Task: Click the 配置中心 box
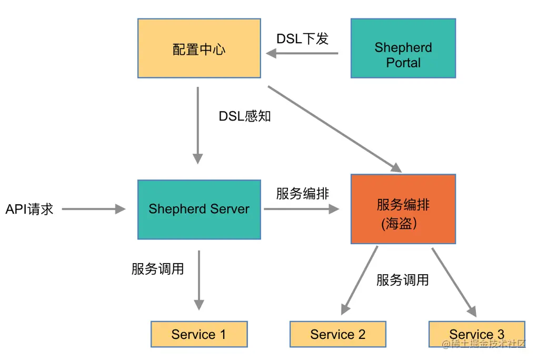[x=199, y=48]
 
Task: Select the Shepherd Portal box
[x=403, y=48]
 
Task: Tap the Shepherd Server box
[x=199, y=209]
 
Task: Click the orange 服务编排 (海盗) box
[x=403, y=209]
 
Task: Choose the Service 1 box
[x=198, y=334]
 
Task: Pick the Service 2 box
[x=337, y=334]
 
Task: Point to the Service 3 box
[x=476, y=334]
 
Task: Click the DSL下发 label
[x=302, y=39]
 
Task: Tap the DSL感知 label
[x=245, y=116]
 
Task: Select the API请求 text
[x=29, y=209]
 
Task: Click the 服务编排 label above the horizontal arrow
[x=302, y=194]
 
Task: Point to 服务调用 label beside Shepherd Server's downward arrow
[x=157, y=269]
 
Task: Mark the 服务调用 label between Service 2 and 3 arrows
[x=402, y=280]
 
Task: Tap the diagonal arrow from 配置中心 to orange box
[x=335, y=129]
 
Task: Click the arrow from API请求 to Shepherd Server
[x=94, y=209]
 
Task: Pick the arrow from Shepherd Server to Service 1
[x=198, y=279]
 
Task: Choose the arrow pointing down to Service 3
[x=454, y=282]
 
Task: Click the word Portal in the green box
[x=403, y=63]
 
